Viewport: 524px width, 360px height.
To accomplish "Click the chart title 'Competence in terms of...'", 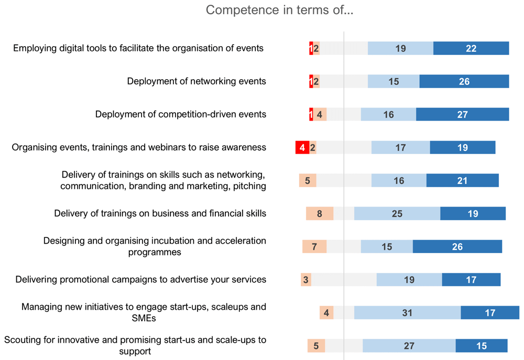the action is tap(279, 10).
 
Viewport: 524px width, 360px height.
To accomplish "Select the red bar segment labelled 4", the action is tap(302, 147).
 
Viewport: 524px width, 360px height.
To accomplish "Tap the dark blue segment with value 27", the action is tap(463, 114).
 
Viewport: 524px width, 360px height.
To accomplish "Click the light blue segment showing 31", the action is tap(407, 312).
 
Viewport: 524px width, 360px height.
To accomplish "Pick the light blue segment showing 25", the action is tap(397, 214).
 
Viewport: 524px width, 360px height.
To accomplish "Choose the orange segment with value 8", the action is tap(320, 214).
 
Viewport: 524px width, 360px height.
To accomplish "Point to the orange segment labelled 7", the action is tap(314, 247).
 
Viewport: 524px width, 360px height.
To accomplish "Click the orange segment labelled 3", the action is tap(306, 280).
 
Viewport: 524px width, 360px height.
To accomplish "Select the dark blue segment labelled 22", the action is tap(471, 48).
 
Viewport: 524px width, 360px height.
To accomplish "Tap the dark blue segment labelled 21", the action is tap(463, 180).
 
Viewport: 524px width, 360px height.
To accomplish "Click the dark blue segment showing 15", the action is tap(482, 346).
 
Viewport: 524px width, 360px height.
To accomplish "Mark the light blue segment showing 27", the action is tap(409, 346).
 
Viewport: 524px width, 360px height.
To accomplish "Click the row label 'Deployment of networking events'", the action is tap(196, 81).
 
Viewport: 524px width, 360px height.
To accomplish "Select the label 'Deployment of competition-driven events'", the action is tap(181, 114).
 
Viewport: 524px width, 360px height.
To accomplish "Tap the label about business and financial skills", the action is tap(160, 213).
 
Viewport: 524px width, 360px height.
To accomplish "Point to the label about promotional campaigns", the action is tap(140, 279).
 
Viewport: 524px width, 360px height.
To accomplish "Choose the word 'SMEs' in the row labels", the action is tap(144, 318).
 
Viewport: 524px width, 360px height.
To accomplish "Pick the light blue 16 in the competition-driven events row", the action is tap(388, 114).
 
